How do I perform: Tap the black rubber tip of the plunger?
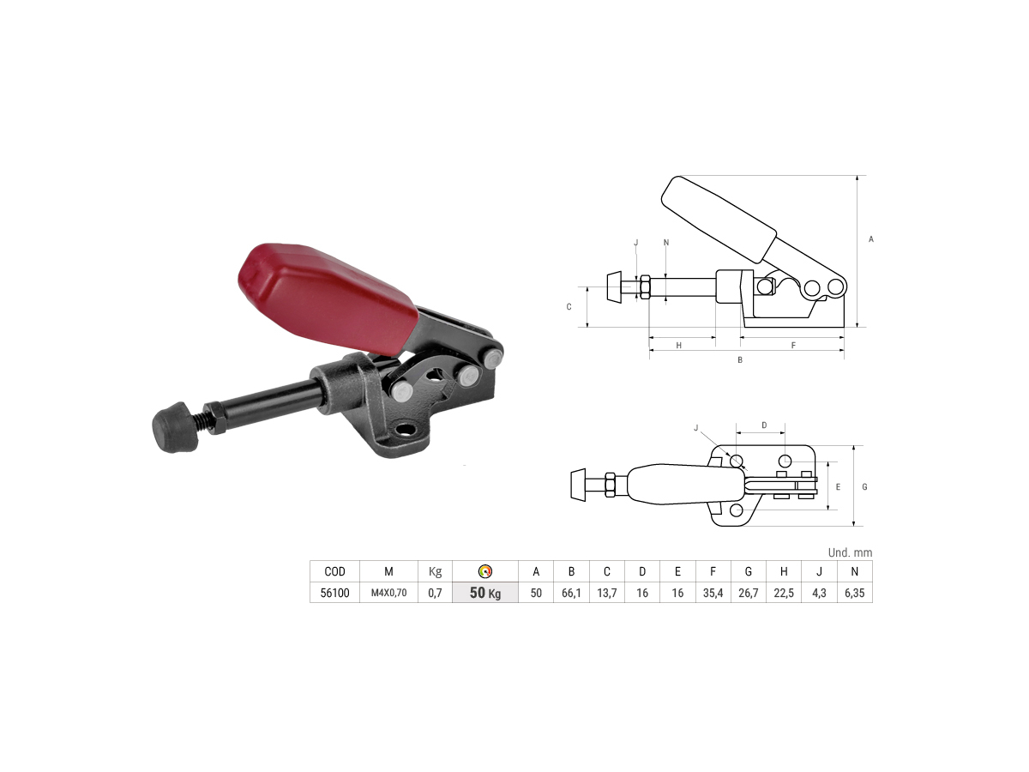click(174, 427)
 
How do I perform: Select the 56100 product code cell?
click(334, 593)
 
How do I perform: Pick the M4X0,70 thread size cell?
click(388, 593)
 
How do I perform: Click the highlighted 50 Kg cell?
click(485, 593)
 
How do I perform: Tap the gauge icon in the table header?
click(485, 571)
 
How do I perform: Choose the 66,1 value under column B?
click(571, 593)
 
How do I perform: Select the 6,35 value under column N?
click(854, 593)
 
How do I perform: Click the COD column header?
click(334, 571)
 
